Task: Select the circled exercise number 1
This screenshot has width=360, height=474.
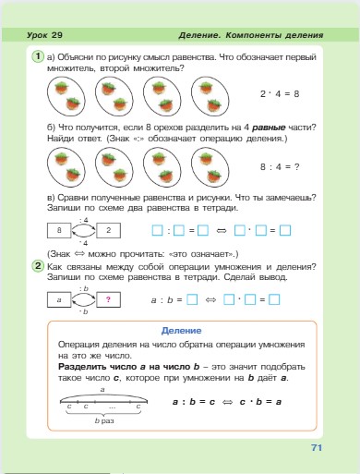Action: pyautogui.click(x=37, y=56)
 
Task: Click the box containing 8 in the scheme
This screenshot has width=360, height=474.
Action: pyautogui.click(x=59, y=229)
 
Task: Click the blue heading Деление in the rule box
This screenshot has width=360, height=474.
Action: pyautogui.click(x=179, y=330)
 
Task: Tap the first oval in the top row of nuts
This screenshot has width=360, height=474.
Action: pyautogui.click(x=64, y=94)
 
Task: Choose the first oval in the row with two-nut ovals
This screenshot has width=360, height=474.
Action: pyautogui.click(x=64, y=169)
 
